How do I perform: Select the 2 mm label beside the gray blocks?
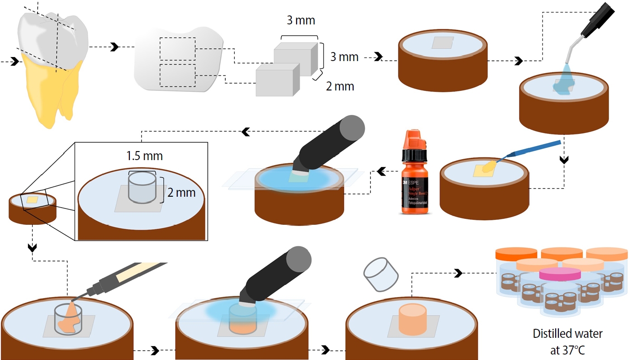click(340, 86)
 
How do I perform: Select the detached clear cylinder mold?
click(381, 274)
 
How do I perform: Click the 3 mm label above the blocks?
click(301, 21)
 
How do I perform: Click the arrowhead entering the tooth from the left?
click(15, 61)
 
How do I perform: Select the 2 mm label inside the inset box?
click(181, 193)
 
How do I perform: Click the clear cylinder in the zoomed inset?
click(143, 186)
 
